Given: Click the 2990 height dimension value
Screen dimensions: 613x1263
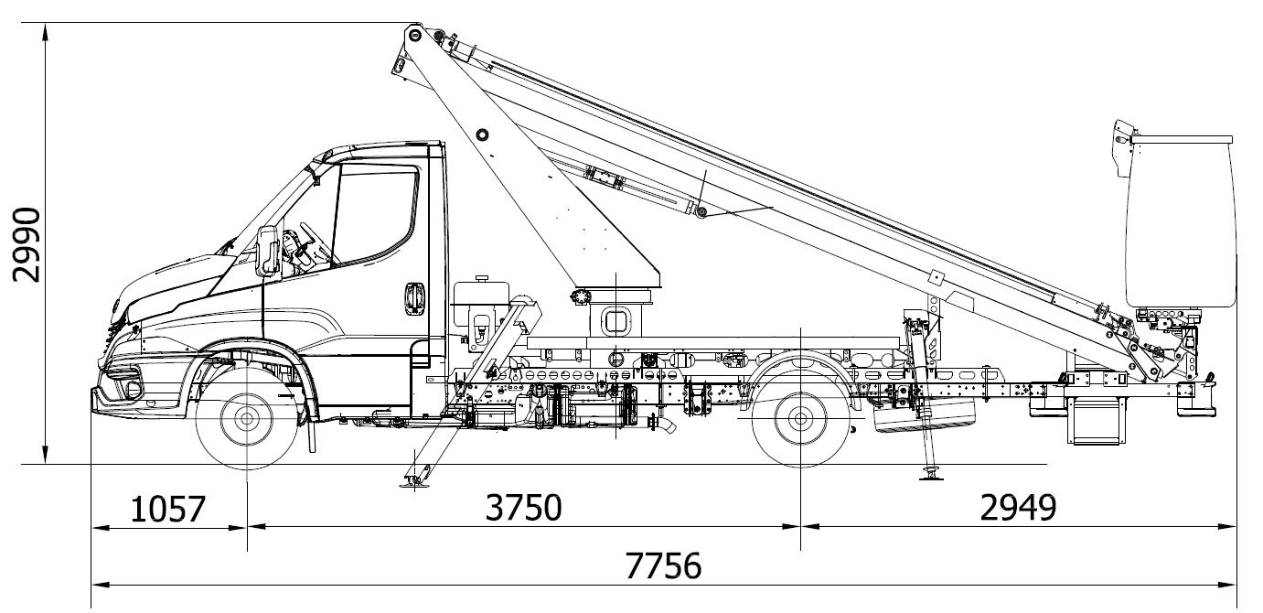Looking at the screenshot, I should pyautogui.click(x=27, y=244).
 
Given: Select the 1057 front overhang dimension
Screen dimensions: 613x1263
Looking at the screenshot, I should pyautogui.click(x=168, y=508).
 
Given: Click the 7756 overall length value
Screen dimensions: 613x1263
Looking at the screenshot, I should pyautogui.click(x=664, y=565).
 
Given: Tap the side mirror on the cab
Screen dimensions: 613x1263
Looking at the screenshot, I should pyautogui.click(x=268, y=250).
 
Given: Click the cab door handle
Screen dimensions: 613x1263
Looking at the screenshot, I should pyautogui.click(x=414, y=297).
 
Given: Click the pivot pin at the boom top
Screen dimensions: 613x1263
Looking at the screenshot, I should pyautogui.click(x=414, y=35).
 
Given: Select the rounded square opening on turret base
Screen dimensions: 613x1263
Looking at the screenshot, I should pyautogui.click(x=616, y=321).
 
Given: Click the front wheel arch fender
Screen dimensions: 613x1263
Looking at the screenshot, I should pyautogui.click(x=252, y=349).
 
